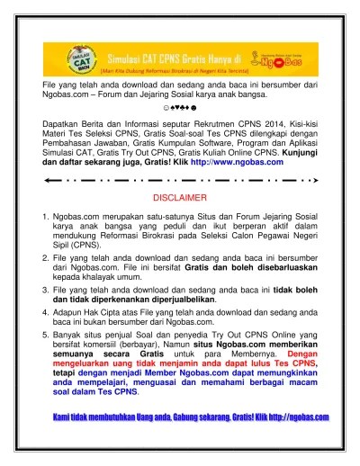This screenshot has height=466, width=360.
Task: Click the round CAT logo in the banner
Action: [60, 60]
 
